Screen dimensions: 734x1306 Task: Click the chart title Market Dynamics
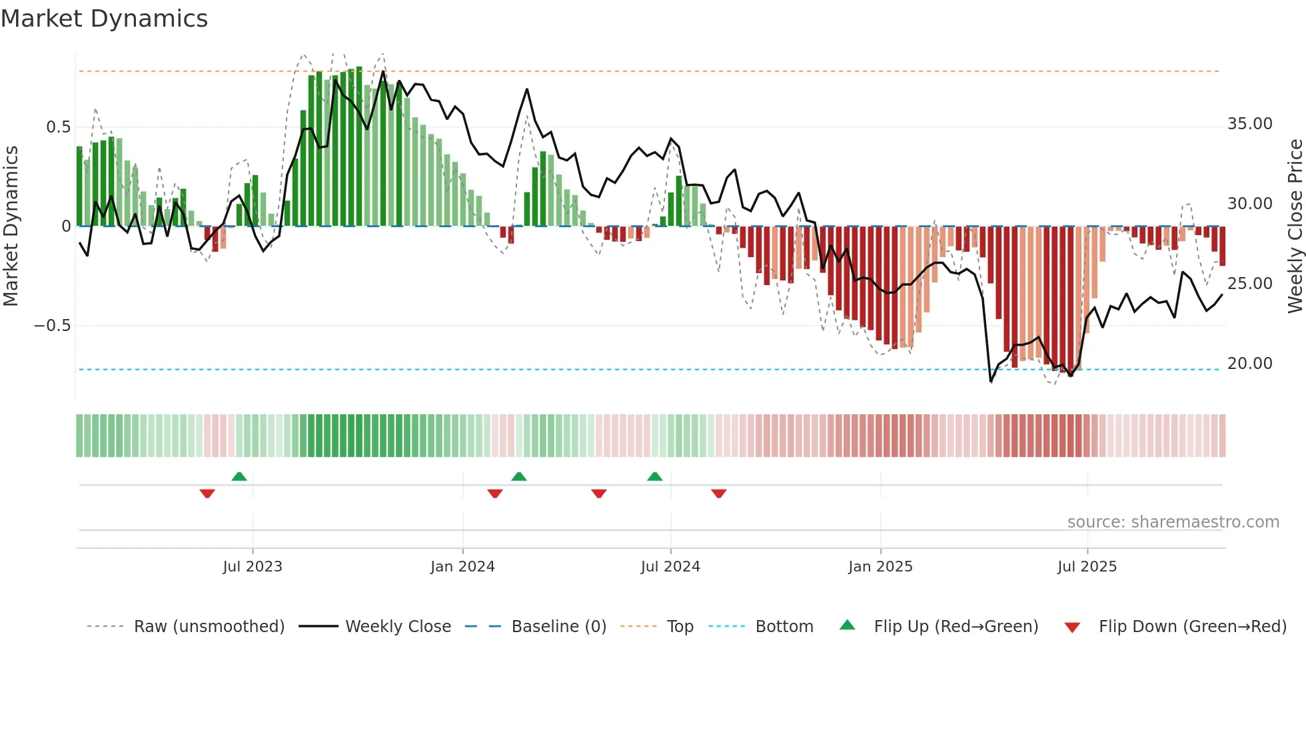point(104,19)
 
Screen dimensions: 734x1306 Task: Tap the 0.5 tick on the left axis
point(58,127)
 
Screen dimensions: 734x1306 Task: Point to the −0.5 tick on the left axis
point(52,326)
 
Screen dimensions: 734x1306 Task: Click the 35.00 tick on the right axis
point(1249,124)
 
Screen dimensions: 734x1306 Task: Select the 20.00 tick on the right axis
point(1249,364)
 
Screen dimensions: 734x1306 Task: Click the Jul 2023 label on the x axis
point(253,567)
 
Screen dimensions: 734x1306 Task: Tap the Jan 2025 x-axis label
point(880,567)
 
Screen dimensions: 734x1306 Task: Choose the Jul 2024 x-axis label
point(670,567)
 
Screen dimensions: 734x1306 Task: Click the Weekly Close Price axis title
point(1295,226)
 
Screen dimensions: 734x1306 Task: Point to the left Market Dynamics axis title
point(11,226)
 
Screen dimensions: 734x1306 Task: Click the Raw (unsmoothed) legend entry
point(209,627)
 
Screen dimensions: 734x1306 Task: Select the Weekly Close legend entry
point(398,627)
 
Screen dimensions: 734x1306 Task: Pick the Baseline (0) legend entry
point(558,627)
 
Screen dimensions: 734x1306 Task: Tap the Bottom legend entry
point(784,627)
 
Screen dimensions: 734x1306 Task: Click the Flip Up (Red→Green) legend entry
point(956,627)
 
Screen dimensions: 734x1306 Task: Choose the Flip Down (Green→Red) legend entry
point(1192,627)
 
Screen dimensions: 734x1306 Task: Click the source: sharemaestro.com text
point(1173,522)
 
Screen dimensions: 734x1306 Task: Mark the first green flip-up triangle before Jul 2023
point(239,476)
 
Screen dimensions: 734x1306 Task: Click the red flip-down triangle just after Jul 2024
point(718,494)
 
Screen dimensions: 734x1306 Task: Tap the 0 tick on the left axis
point(66,226)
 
